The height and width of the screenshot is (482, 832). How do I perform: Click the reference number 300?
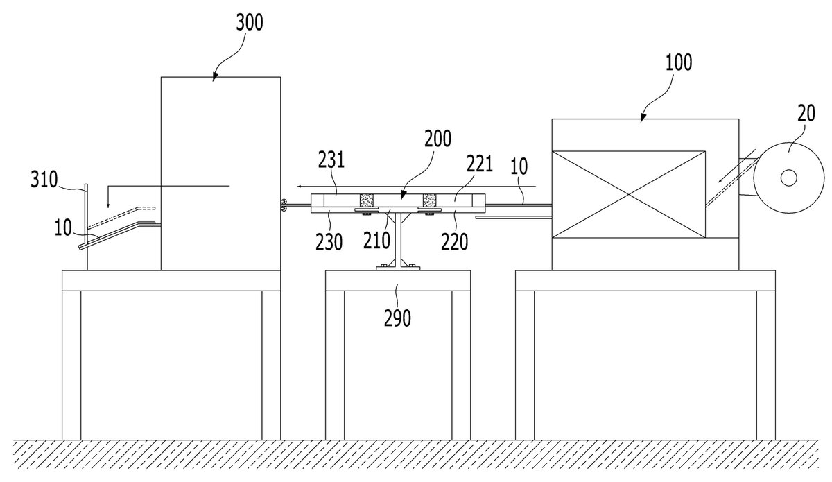click(250, 22)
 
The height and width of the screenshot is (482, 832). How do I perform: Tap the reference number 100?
click(679, 62)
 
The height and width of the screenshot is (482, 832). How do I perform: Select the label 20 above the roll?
click(806, 113)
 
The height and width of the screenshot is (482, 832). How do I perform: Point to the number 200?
click(438, 139)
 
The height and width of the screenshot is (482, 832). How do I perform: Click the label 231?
click(331, 160)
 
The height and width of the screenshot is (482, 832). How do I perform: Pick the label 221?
click(480, 164)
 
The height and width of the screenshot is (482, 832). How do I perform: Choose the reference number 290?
click(397, 318)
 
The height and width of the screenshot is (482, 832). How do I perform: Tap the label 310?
click(44, 180)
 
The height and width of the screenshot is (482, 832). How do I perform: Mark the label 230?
click(329, 242)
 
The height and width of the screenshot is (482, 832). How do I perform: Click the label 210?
click(376, 241)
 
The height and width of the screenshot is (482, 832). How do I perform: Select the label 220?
click(454, 242)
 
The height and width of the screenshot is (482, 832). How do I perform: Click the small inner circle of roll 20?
click(788, 178)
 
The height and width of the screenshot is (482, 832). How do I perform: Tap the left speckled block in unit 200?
click(366, 200)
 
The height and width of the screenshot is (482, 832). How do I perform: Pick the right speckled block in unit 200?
click(429, 200)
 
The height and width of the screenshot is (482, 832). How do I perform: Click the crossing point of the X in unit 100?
click(628, 194)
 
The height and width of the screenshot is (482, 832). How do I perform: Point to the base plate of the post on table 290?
click(398, 268)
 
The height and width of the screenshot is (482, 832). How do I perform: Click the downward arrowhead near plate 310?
click(107, 205)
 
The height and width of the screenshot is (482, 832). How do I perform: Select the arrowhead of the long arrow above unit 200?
click(300, 186)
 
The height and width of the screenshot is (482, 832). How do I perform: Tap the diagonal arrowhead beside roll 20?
click(720, 180)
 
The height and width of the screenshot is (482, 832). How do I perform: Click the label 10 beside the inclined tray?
click(63, 227)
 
